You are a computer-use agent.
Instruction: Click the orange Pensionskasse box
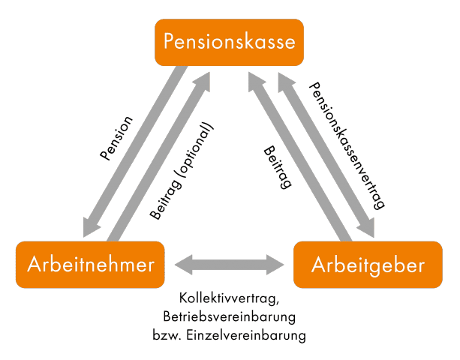230,42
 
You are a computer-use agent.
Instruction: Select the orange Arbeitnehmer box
90,264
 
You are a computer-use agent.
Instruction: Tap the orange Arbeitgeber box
368,265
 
